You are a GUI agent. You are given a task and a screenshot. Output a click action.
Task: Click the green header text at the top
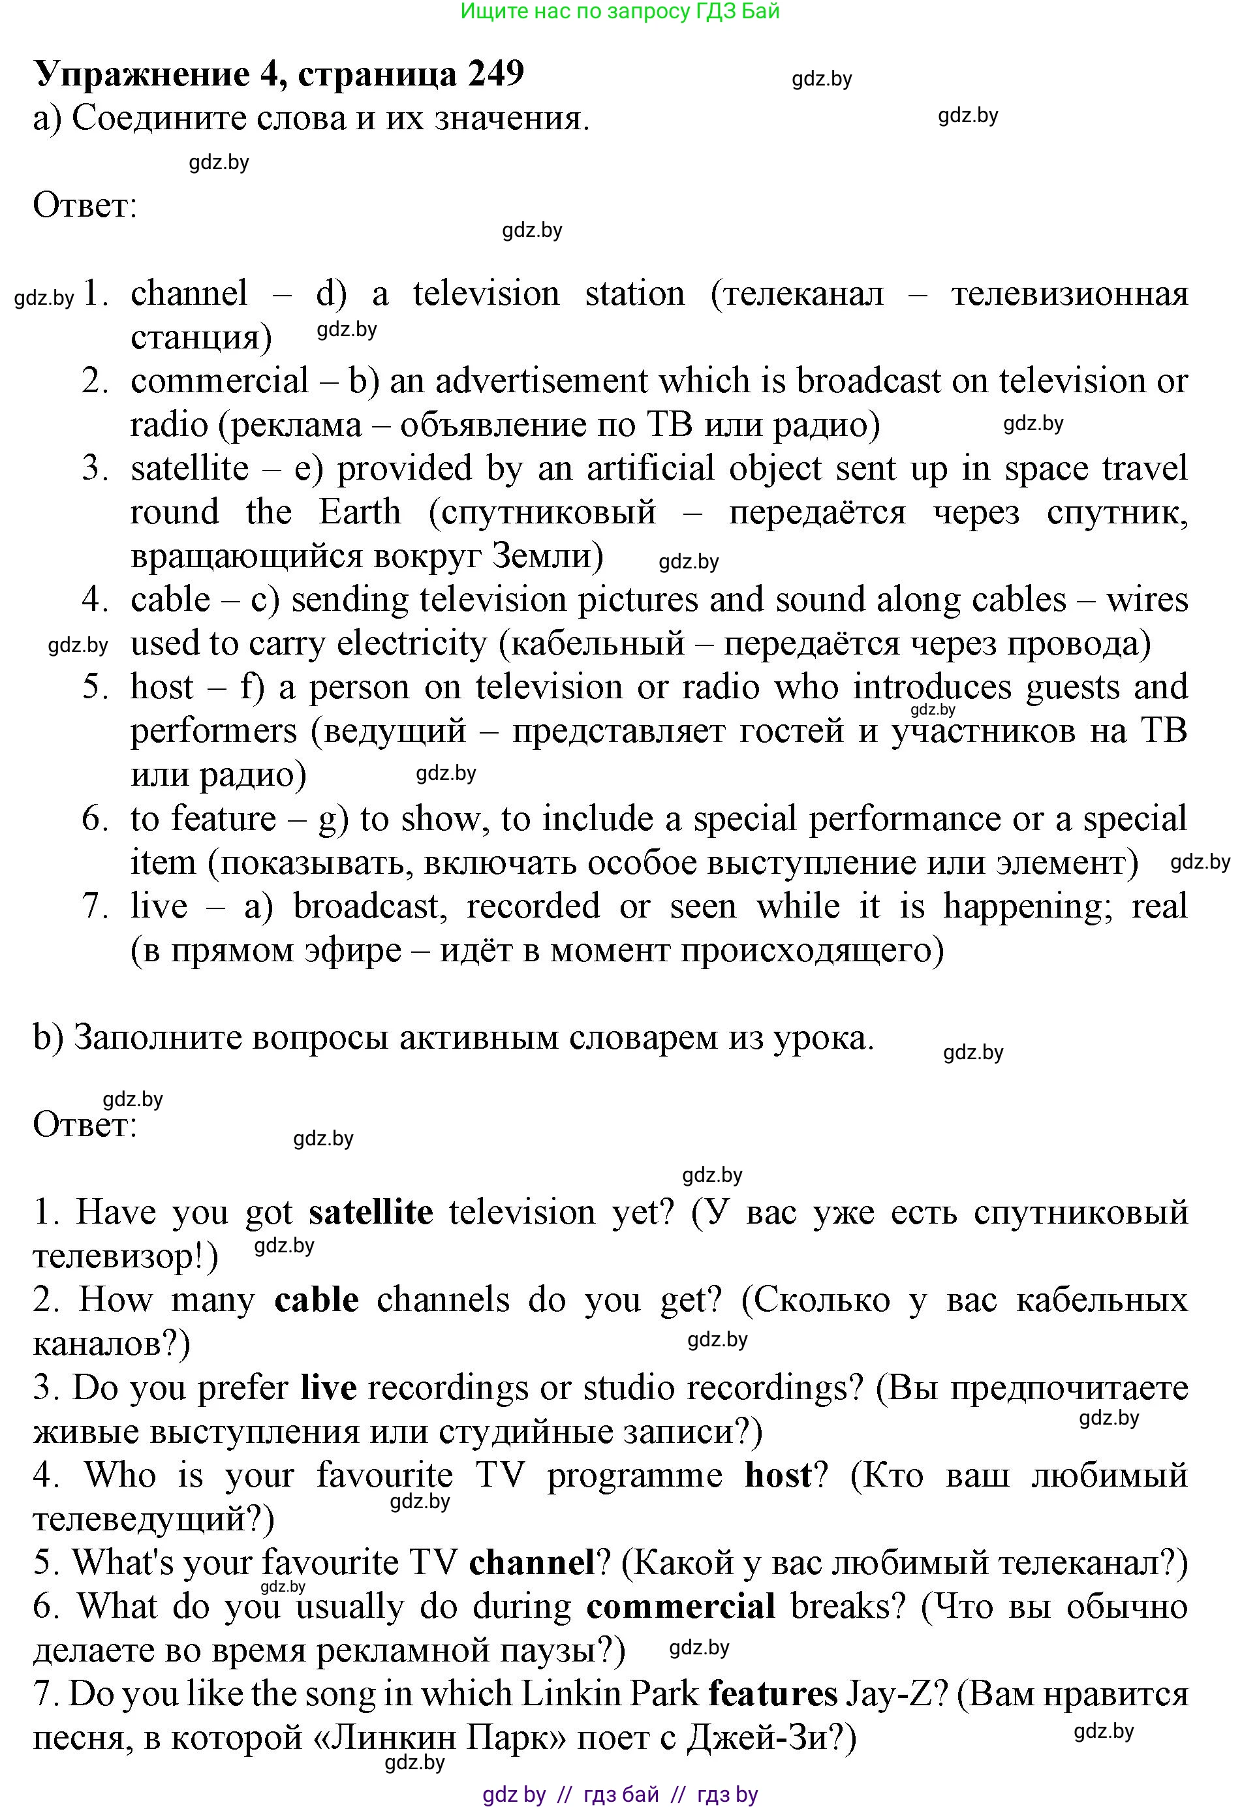tap(620, 12)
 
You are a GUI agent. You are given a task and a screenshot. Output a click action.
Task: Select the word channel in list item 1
tap(189, 294)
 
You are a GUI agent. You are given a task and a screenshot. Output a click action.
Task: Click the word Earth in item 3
tap(360, 512)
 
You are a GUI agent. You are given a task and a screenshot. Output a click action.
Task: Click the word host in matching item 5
tap(162, 687)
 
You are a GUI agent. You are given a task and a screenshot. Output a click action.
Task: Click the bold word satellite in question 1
tap(371, 1213)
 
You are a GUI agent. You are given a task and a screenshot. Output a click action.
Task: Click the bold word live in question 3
tap(328, 1388)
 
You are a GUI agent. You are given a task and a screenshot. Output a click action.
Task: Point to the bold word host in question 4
tap(778, 1475)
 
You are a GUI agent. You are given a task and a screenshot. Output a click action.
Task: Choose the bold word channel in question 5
tap(532, 1562)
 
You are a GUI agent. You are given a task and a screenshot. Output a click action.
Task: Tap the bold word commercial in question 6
tap(681, 1606)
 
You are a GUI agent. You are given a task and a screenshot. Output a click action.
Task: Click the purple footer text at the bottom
tap(620, 1795)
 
